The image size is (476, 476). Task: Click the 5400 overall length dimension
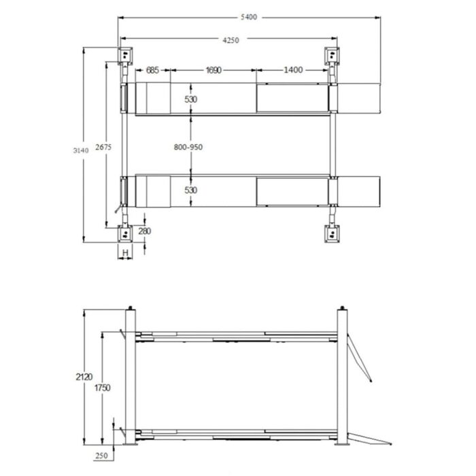click(249, 17)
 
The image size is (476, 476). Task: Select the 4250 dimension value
click(231, 40)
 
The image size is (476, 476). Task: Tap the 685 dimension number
click(152, 70)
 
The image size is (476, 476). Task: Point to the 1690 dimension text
click(214, 70)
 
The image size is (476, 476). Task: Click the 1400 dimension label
click(293, 70)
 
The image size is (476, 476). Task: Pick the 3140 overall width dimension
click(81, 150)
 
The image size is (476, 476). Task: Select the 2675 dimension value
click(103, 148)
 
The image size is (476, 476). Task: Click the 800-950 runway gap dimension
click(188, 148)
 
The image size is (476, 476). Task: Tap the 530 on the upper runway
click(190, 99)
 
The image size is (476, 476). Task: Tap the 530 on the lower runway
click(190, 190)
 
